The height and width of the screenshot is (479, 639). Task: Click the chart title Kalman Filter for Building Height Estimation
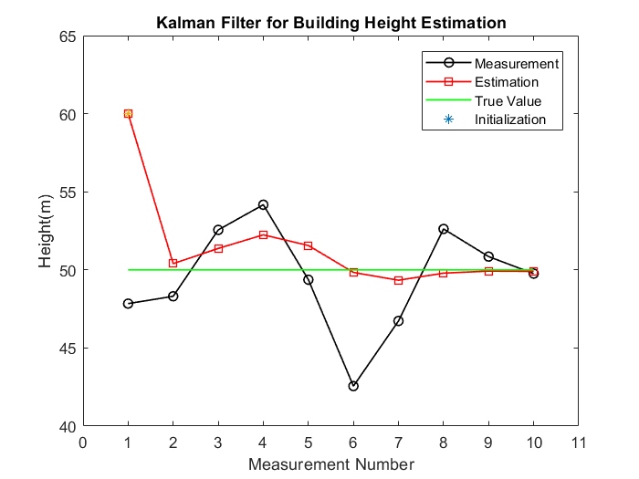(x=330, y=22)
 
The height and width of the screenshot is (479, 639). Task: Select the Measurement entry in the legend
(x=516, y=64)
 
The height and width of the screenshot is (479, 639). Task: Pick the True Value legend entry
(x=508, y=100)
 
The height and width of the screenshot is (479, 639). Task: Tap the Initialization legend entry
(x=509, y=120)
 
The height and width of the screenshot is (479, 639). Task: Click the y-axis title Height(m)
(x=46, y=232)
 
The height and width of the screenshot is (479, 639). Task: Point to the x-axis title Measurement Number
(x=330, y=464)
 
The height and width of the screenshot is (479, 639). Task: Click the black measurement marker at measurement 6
(x=353, y=386)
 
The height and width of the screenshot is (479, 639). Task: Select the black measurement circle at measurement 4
(x=263, y=204)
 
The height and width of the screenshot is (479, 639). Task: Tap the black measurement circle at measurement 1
(x=128, y=303)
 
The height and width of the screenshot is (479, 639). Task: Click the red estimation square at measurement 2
(x=173, y=263)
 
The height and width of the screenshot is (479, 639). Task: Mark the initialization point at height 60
(x=128, y=113)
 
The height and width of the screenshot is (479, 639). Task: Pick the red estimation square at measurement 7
(x=398, y=280)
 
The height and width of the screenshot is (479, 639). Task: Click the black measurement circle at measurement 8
(x=444, y=229)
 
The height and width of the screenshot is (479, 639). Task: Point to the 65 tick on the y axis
(x=68, y=36)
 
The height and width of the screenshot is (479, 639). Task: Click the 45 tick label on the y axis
(x=68, y=349)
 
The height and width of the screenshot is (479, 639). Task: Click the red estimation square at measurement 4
(x=263, y=234)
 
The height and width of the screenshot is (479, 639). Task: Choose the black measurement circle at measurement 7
(x=398, y=321)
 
